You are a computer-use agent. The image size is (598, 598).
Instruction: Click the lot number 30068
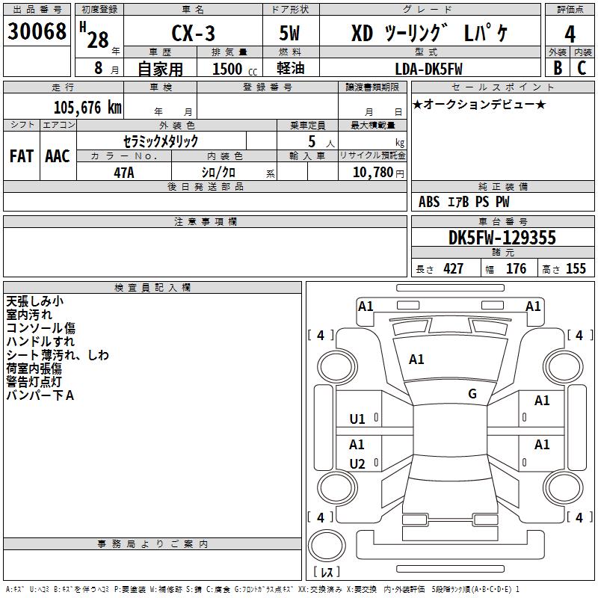(37, 31)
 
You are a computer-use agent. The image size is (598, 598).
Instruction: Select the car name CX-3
(193, 33)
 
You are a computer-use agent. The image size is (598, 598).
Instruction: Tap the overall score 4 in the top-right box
(570, 34)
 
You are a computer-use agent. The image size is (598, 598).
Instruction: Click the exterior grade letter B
(558, 68)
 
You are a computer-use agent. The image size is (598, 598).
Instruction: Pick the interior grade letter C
(582, 68)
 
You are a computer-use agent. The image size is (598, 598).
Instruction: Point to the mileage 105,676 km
(87, 108)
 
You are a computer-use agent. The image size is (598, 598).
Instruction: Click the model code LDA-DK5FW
(428, 69)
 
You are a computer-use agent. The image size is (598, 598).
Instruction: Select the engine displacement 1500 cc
(235, 69)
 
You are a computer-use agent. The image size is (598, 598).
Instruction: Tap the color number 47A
(124, 173)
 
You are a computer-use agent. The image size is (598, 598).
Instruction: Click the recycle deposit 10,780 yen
(378, 173)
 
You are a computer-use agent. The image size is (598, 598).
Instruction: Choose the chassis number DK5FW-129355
(502, 238)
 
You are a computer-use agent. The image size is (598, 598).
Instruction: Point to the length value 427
(453, 268)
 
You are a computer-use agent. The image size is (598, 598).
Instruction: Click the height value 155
(576, 268)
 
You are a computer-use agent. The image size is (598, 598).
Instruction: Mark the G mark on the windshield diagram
(472, 394)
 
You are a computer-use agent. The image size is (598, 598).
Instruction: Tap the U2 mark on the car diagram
(357, 464)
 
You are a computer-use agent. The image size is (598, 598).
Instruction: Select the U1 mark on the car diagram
(357, 419)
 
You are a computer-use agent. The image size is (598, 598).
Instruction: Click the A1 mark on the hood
(416, 360)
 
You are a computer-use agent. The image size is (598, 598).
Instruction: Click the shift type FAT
(22, 156)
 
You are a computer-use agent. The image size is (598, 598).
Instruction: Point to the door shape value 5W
(289, 33)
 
